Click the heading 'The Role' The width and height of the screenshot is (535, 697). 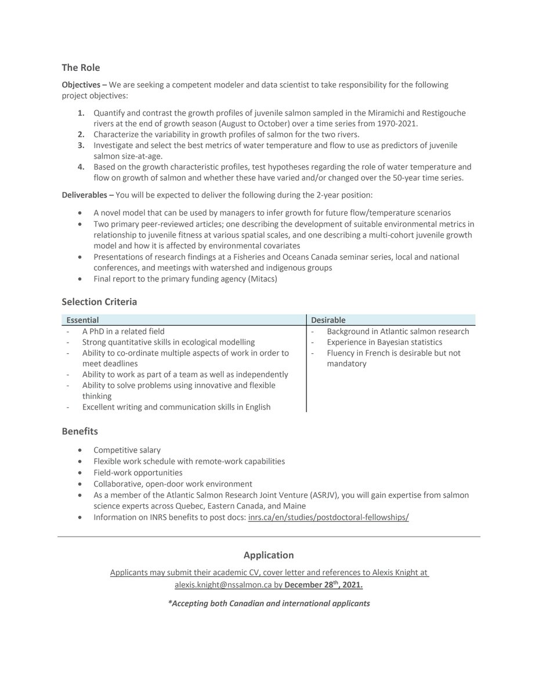(x=81, y=68)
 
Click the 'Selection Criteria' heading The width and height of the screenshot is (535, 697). (x=99, y=302)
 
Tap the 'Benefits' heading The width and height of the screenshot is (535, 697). (x=80, y=432)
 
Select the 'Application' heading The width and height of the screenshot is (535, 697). (x=269, y=555)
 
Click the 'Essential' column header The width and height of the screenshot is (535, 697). (x=82, y=320)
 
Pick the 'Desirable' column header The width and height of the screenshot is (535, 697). (x=328, y=320)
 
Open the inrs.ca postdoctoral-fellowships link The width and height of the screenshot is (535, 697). (x=328, y=517)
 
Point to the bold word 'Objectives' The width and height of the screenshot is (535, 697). (x=81, y=85)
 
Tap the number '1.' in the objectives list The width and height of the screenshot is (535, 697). (x=82, y=112)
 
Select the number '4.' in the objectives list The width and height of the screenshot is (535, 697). (x=82, y=167)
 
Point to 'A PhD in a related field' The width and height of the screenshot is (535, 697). (x=123, y=332)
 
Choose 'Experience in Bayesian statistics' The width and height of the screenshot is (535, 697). (x=384, y=342)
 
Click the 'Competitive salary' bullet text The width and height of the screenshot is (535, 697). (x=127, y=450)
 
